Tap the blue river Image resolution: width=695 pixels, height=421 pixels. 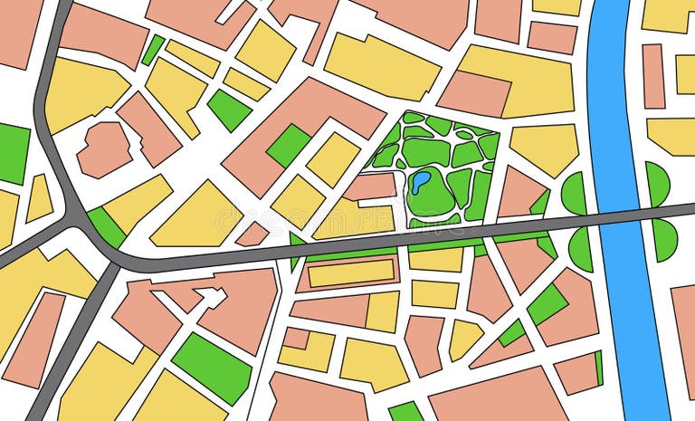[615, 109]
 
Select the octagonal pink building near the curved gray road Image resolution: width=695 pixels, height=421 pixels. [103, 148]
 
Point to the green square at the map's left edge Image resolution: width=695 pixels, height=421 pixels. [13, 153]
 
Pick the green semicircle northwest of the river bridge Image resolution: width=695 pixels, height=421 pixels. [575, 192]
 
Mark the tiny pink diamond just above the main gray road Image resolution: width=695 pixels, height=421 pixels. [252, 234]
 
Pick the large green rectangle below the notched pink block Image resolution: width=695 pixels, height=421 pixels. [212, 366]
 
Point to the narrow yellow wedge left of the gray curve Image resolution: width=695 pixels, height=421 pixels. [38, 198]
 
